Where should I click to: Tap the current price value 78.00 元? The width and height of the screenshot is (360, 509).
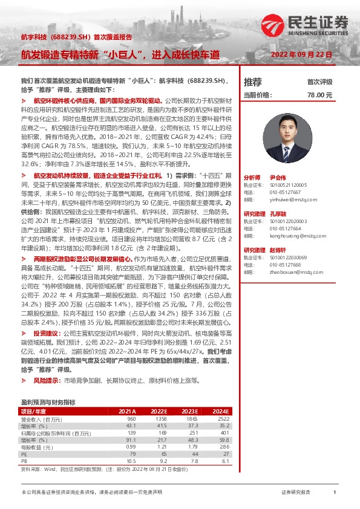tap(319, 95)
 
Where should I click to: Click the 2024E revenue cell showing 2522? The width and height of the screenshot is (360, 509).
tap(223, 418)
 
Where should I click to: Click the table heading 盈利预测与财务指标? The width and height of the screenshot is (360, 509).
tap(48, 401)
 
